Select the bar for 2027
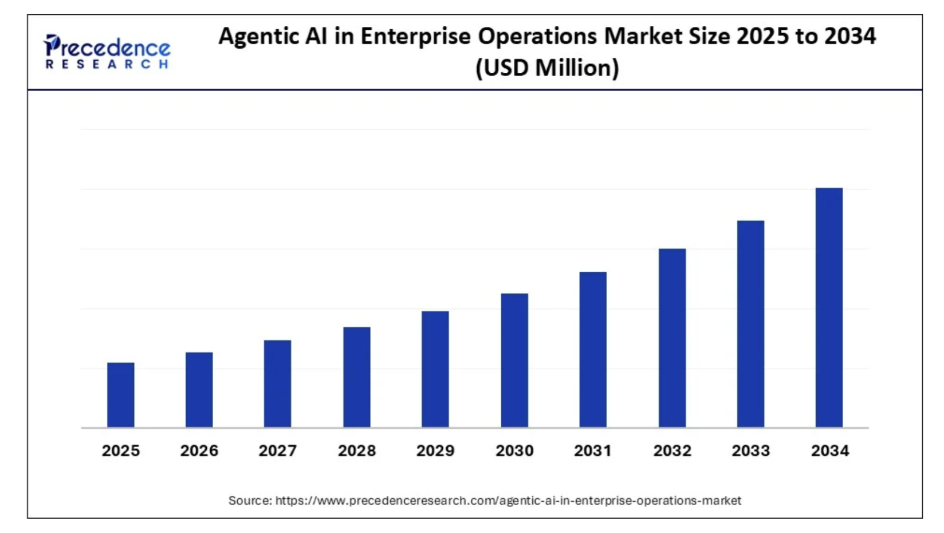(x=277, y=383)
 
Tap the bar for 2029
(x=435, y=369)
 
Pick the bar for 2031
(x=593, y=350)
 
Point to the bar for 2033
(x=750, y=324)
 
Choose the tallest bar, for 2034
(x=829, y=307)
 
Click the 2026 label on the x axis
(x=199, y=451)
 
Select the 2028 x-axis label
(x=356, y=451)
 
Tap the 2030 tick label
(x=514, y=451)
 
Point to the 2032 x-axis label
(x=672, y=451)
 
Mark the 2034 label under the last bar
(x=829, y=451)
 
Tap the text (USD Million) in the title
(x=547, y=68)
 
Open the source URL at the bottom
(x=508, y=500)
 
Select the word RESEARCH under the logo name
(x=107, y=64)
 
